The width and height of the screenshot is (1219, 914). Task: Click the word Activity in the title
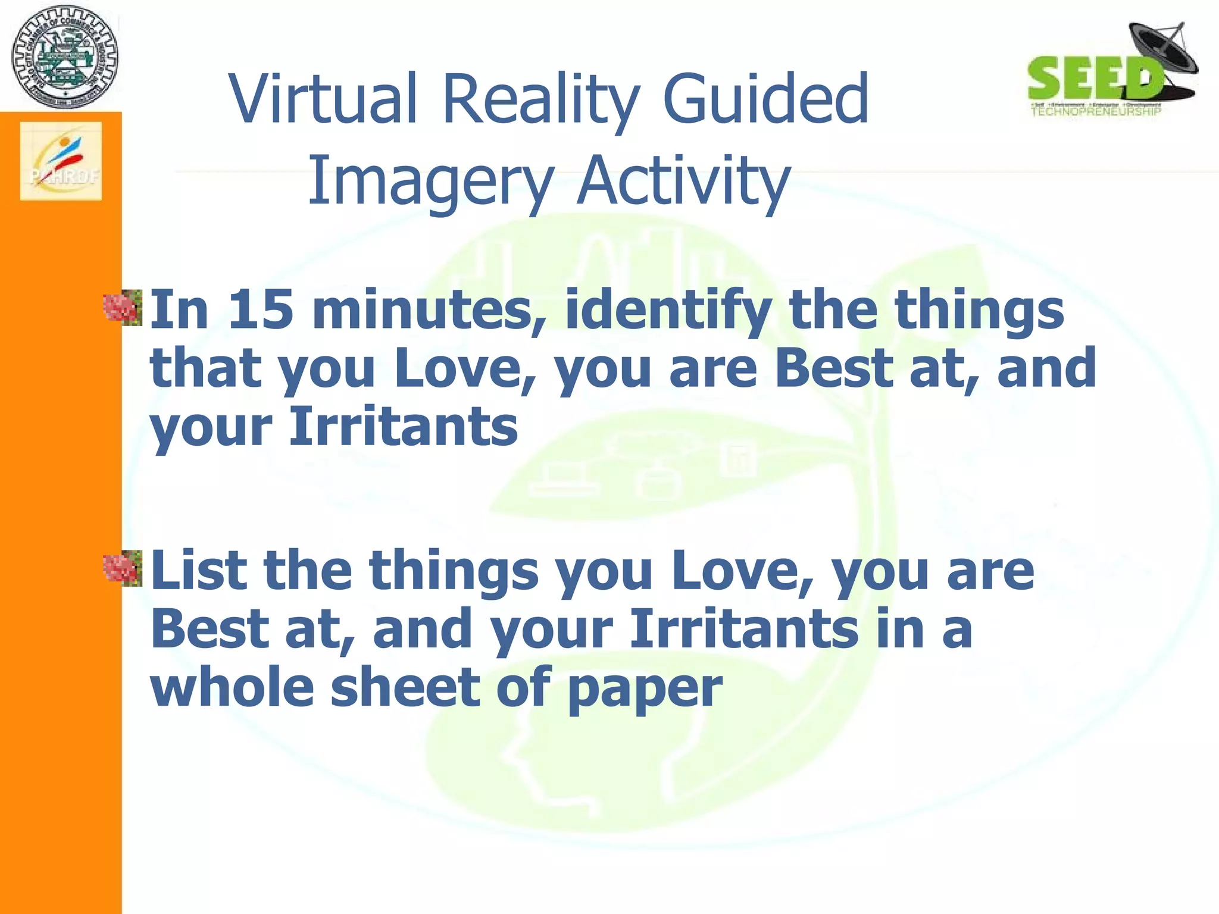point(684,180)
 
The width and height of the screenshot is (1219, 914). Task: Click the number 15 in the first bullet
point(261,309)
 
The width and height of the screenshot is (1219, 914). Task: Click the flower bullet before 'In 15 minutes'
point(123,308)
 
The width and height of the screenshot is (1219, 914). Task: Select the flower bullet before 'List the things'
point(123,569)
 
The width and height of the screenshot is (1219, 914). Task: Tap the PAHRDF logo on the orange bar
point(61,161)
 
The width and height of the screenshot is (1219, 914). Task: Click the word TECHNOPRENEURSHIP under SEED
point(1095,111)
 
